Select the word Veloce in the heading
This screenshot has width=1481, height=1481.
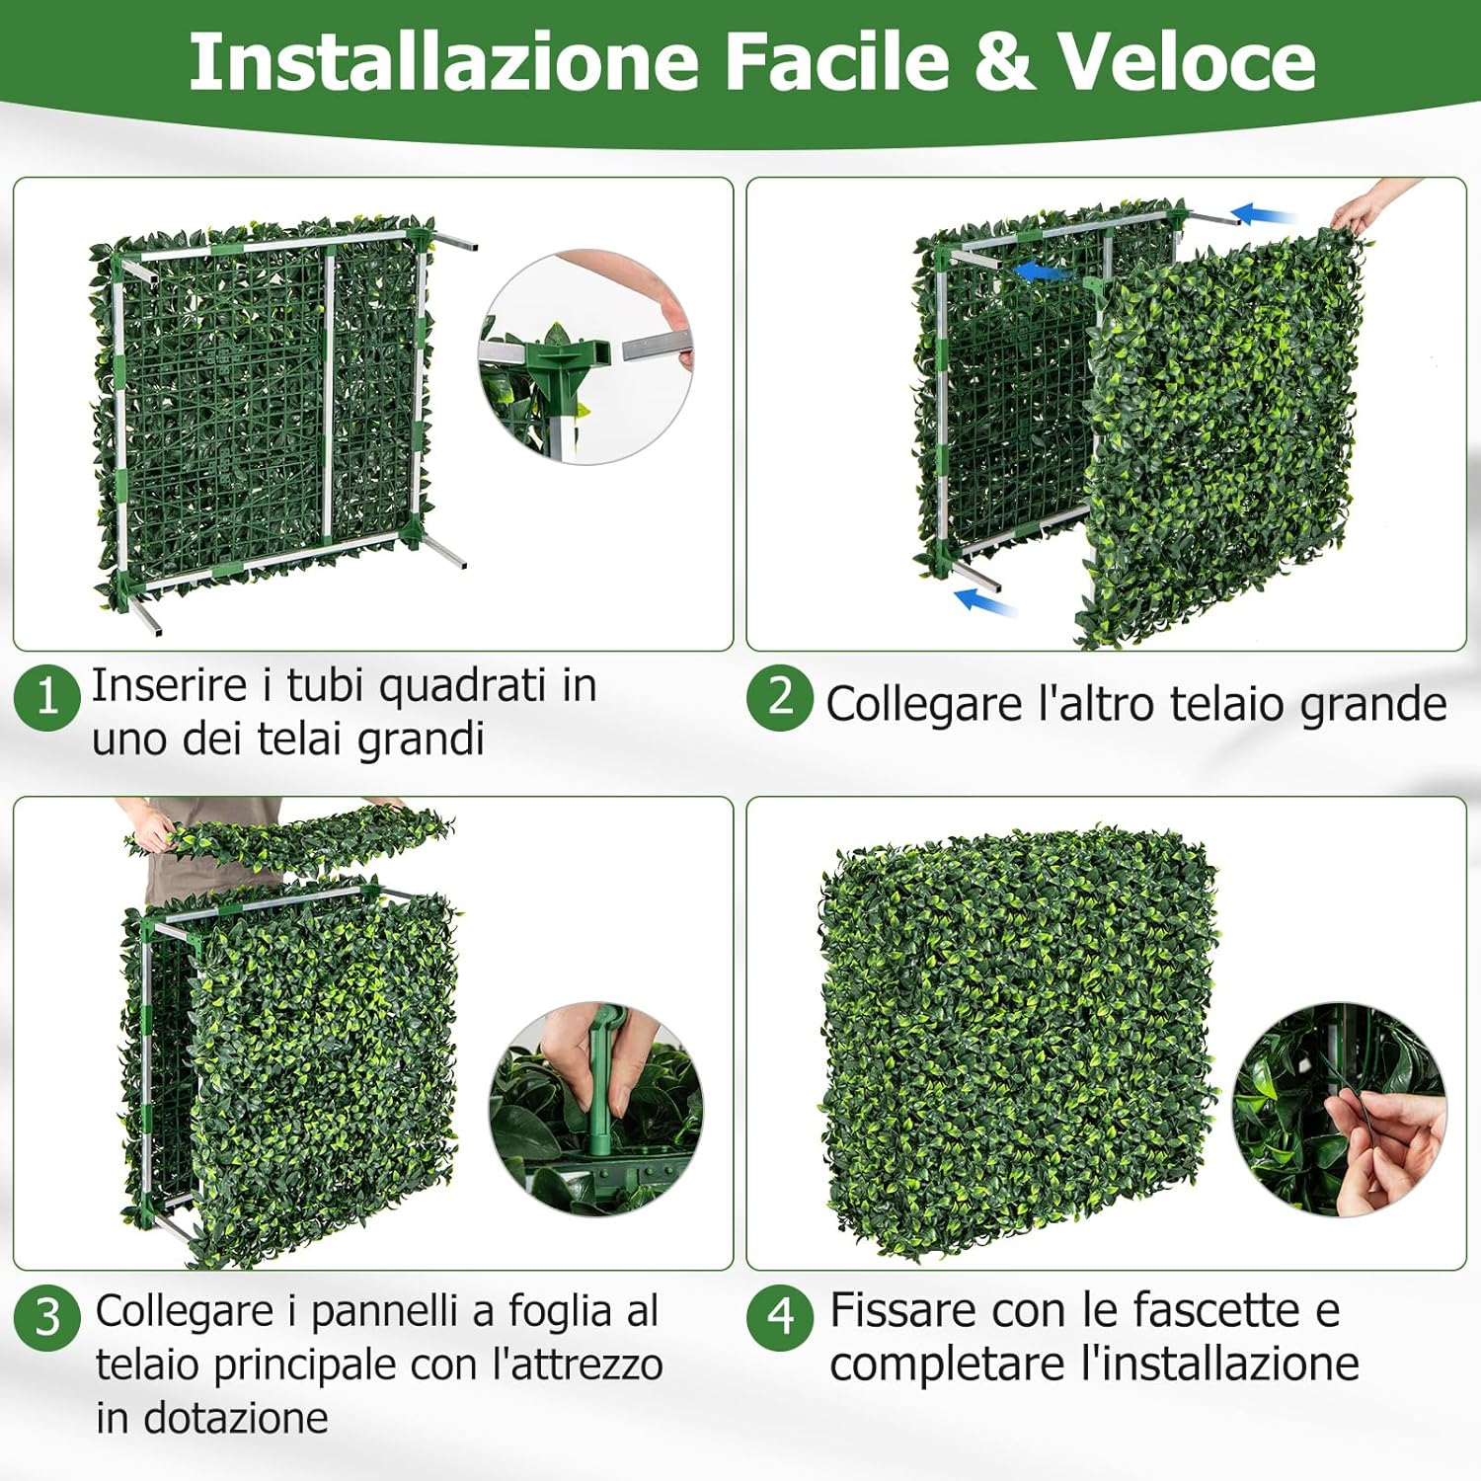coord(1187,61)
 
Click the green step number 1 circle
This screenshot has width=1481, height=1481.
coord(46,697)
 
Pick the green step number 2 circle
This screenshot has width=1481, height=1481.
coord(780,697)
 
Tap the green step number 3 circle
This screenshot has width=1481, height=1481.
coord(46,1318)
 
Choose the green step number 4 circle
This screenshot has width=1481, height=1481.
coord(780,1316)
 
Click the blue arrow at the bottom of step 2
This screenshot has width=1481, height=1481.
coord(984,601)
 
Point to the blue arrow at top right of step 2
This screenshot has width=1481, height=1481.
coord(1264,214)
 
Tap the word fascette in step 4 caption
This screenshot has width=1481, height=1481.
coord(1215,1310)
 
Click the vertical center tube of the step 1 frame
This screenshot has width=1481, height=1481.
coord(329,395)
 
